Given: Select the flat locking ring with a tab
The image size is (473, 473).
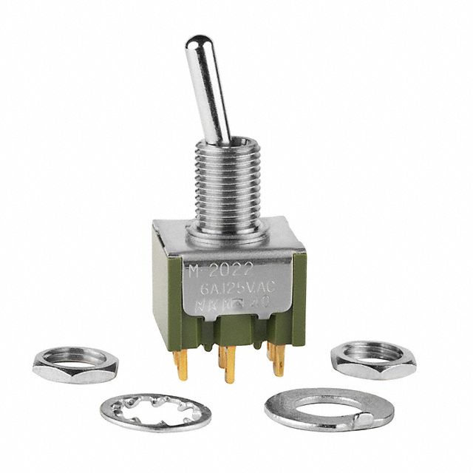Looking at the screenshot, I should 329,407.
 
